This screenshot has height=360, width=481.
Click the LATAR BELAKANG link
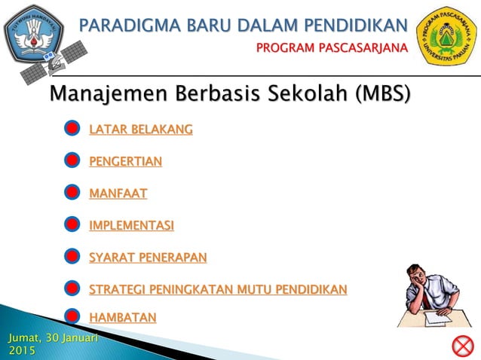click(140, 130)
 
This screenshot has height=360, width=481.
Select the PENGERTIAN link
click(125, 161)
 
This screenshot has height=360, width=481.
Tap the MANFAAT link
click(118, 194)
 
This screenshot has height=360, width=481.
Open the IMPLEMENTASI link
click(131, 225)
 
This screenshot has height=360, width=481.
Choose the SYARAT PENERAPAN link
click(148, 258)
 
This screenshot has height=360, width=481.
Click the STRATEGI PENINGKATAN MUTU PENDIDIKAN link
click(218, 289)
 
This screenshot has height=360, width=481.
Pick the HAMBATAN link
click(123, 318)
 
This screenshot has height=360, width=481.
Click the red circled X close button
click(461, 346)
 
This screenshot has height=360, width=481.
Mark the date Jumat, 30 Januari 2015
click(53, 345)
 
